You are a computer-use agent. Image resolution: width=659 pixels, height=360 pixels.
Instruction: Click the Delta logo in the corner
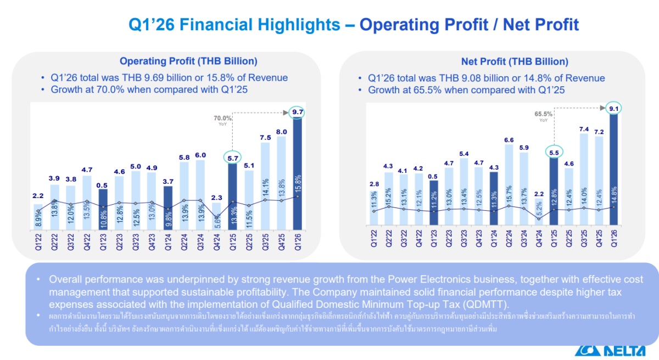tap(616, 352)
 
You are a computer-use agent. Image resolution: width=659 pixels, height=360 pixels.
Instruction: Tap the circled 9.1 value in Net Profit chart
tap(613, 109)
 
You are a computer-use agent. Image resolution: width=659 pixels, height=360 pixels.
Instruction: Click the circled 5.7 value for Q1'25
tap(232, 158)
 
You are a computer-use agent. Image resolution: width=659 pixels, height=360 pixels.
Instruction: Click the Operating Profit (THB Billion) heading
tap(188, 61)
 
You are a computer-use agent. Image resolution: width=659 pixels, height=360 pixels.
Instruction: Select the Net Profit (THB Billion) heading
tap(515, 62)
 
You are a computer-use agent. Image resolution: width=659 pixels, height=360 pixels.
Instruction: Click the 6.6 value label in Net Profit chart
tap(509, 140)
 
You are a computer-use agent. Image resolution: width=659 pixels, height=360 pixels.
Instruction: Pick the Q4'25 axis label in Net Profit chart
tap(599, 238)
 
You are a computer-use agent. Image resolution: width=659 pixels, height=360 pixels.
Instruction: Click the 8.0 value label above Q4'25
tap(281, 132)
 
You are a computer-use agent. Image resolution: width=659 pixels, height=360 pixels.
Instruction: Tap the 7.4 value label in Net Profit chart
tap(584, 129)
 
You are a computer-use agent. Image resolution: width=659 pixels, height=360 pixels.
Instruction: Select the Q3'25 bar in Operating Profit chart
tap(265, 186)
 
